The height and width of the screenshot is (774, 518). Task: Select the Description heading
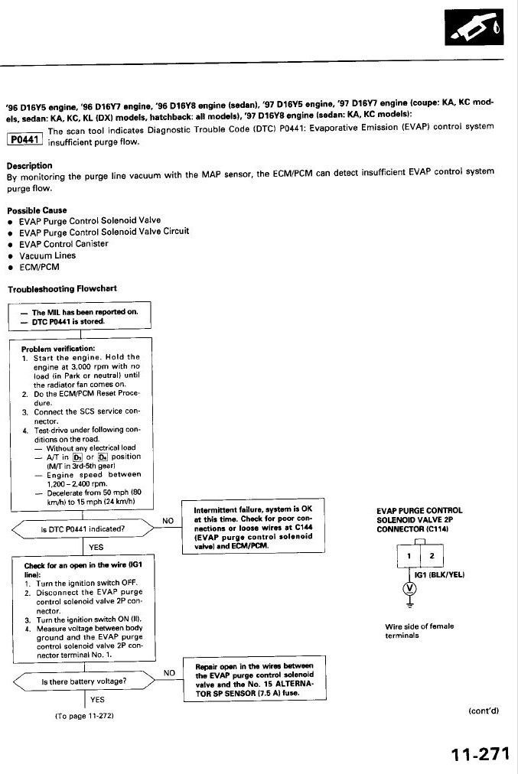[30, 165]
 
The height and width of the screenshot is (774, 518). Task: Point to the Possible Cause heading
[37, 210]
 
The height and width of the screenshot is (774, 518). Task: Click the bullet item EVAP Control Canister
[64, 243]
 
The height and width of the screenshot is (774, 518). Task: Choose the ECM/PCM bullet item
[39, 268]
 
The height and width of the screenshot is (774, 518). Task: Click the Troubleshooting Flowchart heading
[62, 289]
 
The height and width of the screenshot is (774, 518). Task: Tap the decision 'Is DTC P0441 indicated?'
[83, 528]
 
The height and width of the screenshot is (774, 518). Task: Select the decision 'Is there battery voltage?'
[83, 680]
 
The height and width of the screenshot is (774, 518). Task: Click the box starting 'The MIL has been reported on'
[80, 316]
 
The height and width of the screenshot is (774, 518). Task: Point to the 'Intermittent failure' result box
[253, 527]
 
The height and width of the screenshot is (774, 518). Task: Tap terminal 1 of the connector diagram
[409, 556]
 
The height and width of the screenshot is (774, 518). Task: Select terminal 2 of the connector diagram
[432, 556]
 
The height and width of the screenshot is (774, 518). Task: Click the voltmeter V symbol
[409, 587]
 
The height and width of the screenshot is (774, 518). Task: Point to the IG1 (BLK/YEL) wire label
[439, 574]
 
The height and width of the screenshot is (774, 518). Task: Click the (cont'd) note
[483, 711]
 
